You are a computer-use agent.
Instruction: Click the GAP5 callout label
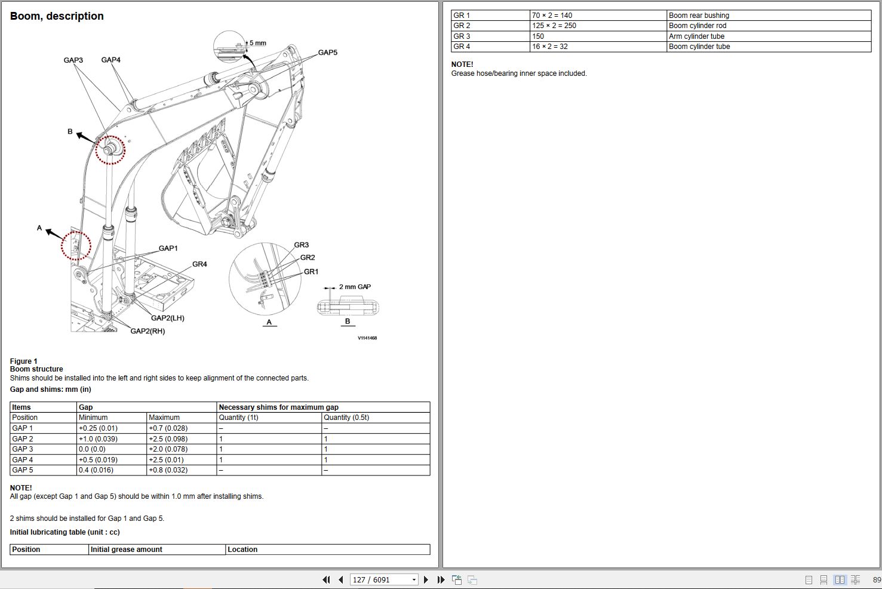[327, 53]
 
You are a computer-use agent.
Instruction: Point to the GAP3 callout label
[73, 60]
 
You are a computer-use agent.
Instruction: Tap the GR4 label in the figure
[199, 264]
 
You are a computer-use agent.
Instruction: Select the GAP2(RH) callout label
[147, 331]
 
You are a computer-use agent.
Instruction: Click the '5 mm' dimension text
[258, 43]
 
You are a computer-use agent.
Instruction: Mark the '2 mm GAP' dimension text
[355, 287]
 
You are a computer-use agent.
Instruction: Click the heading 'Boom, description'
[57, 16]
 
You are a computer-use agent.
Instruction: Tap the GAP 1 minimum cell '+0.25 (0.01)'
[98, 428]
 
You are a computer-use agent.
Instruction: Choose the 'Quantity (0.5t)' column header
[346, 417]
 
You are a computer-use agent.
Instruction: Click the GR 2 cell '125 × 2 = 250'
[554, 26]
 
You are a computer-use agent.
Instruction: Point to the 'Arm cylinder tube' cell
[696, 36]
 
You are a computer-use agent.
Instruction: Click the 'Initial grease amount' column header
[127, 549]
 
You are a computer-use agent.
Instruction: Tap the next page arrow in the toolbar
[426, 579]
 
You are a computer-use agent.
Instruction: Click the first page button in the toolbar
[326, 579]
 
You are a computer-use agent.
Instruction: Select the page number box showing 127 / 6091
[383, 579]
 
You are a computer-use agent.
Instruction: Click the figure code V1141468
[367, 338]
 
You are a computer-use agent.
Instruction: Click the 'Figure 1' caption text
[24, 361]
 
